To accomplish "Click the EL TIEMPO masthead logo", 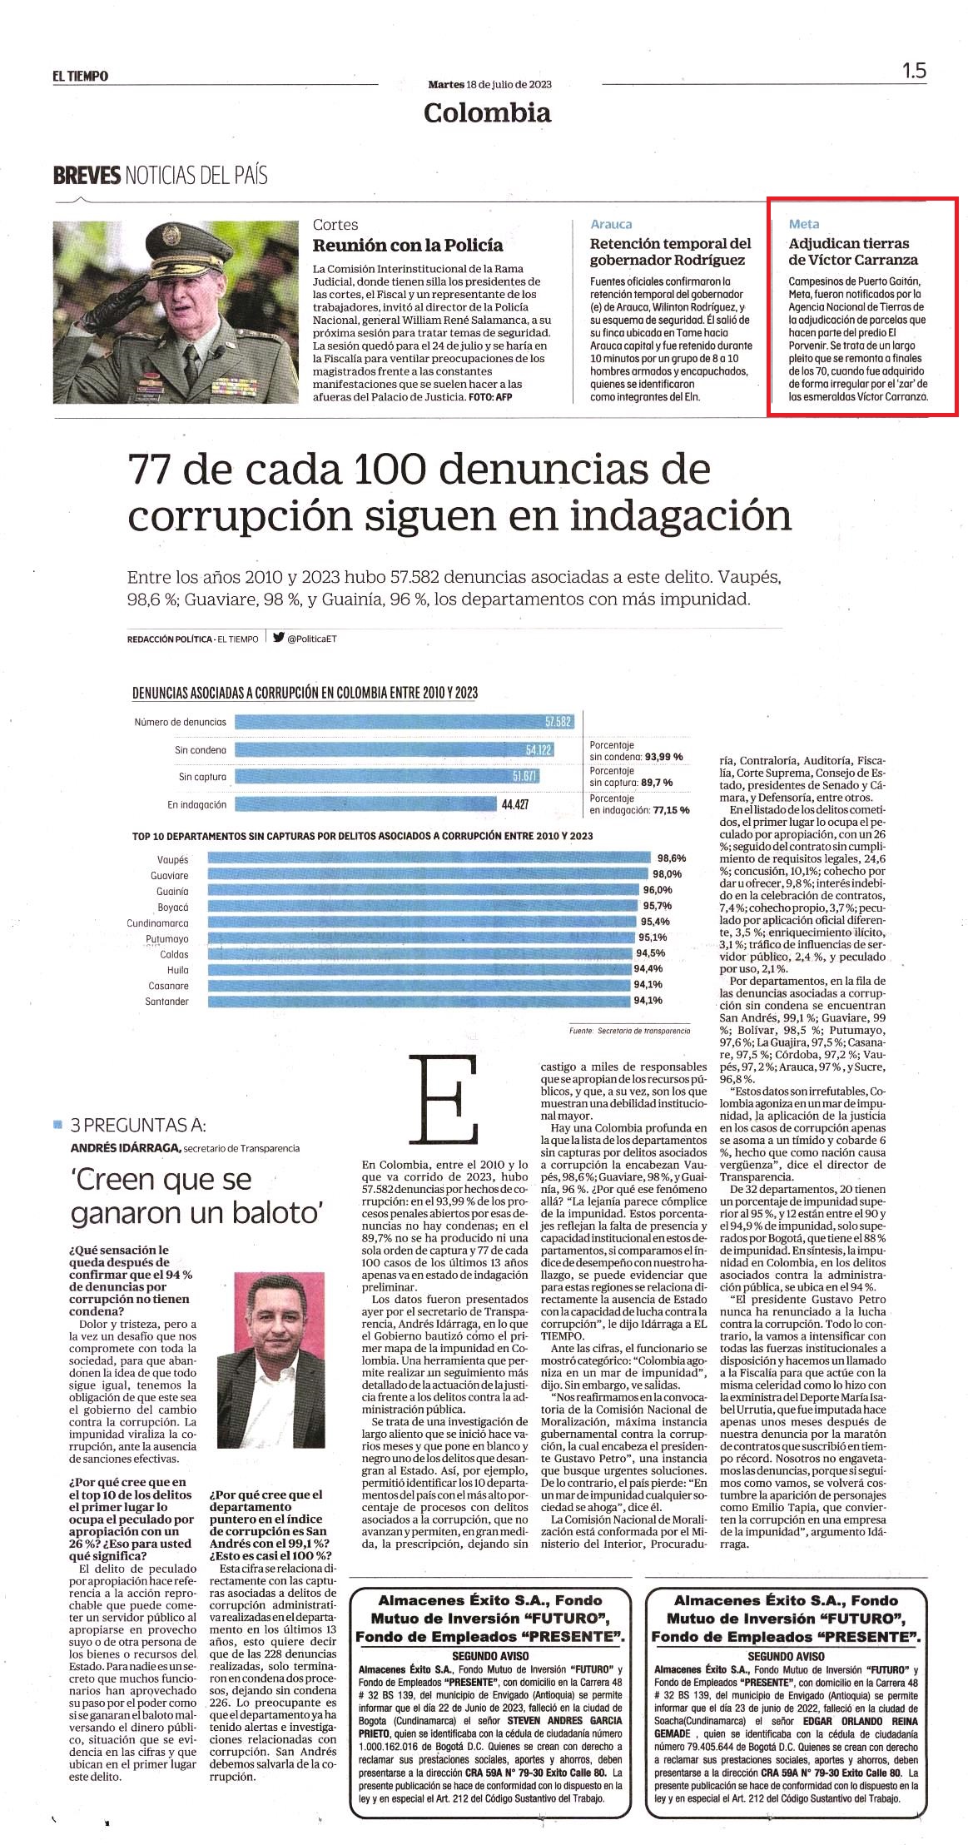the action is point(80,76).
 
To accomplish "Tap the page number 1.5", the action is point(914,71).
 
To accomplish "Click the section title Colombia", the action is point(487,112).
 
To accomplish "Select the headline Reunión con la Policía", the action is point(408,245).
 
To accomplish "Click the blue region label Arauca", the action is point(611,224).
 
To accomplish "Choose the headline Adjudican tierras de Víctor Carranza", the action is point(853,251).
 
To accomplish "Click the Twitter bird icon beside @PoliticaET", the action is point(278,639).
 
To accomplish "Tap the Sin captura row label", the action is point(202,777).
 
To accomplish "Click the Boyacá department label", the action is point(173,907).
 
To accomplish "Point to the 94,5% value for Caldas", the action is point(650,953).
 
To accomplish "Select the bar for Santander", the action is point(419,1001).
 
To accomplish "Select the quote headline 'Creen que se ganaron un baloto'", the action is point(161,1196).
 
